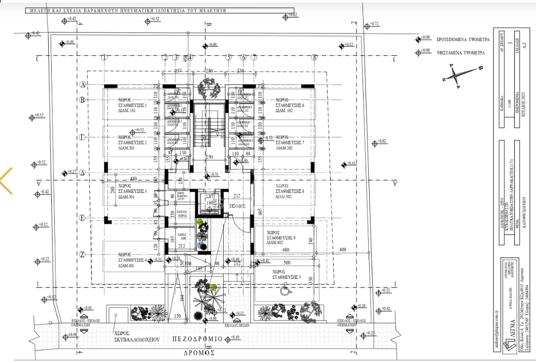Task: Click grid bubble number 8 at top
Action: click(314, 57)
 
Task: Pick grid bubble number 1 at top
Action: click(104, 57)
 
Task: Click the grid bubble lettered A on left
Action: click(83, 85)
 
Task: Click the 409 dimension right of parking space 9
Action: click(342, 249)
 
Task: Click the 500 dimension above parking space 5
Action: click(286, 263)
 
